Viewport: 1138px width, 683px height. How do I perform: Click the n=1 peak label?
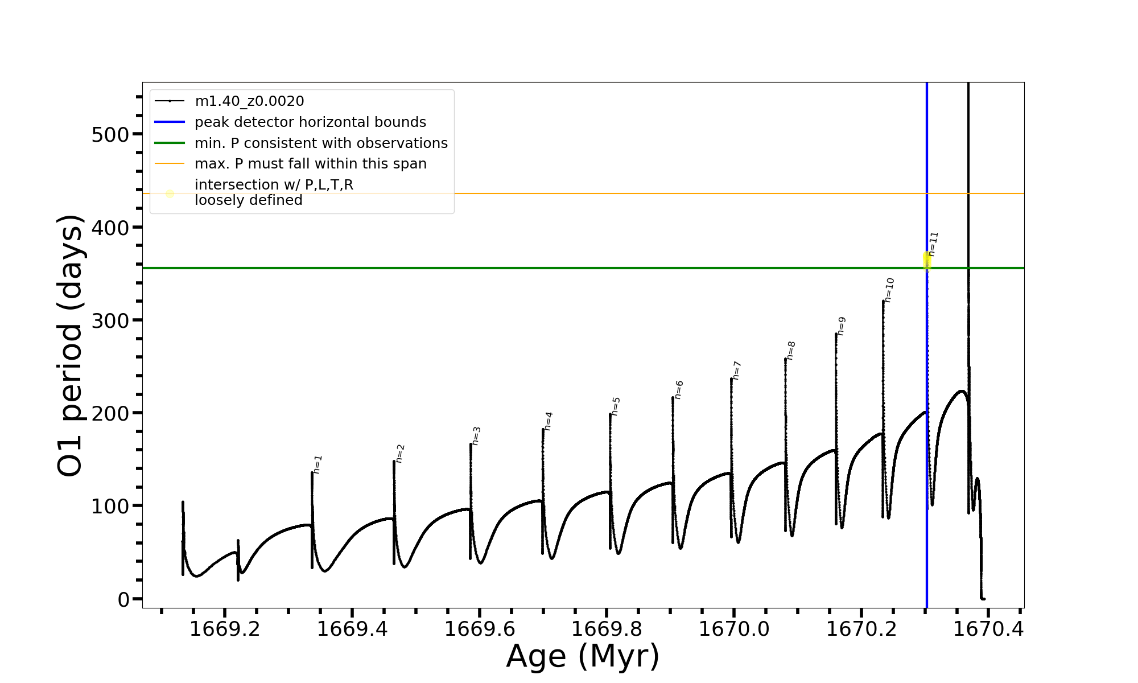point(318,464)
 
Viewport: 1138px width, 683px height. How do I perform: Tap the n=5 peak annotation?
point(616,406)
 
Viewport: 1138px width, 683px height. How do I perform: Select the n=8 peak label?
point(791,351)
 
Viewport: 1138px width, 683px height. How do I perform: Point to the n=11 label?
point(933,244)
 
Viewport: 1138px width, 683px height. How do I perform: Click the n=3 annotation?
point(477,435)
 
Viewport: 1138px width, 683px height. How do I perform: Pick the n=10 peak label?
point(889,290)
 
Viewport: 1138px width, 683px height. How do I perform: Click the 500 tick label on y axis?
point(110,135)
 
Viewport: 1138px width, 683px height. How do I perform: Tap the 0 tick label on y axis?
point(123,599)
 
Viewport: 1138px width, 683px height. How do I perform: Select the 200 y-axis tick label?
point(110,414)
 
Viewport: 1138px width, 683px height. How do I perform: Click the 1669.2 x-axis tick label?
point(225,629)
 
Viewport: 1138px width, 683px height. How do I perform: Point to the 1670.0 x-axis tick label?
point(734,629)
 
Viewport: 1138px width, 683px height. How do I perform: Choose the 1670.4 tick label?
point(988,629)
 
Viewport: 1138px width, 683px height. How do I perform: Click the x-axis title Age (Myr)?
point(583,656)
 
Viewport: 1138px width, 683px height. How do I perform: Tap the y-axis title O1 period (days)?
point(71,345)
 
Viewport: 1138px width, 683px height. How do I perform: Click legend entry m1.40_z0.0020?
point(249,101)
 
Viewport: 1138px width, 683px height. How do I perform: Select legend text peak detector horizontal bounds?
point(310,122)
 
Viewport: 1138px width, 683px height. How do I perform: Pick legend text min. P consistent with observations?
point(321,143)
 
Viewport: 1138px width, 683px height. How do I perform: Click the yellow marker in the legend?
point(170,194)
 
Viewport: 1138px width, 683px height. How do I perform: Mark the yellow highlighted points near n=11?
point(927,260)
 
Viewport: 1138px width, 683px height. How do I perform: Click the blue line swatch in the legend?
point(170,122)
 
